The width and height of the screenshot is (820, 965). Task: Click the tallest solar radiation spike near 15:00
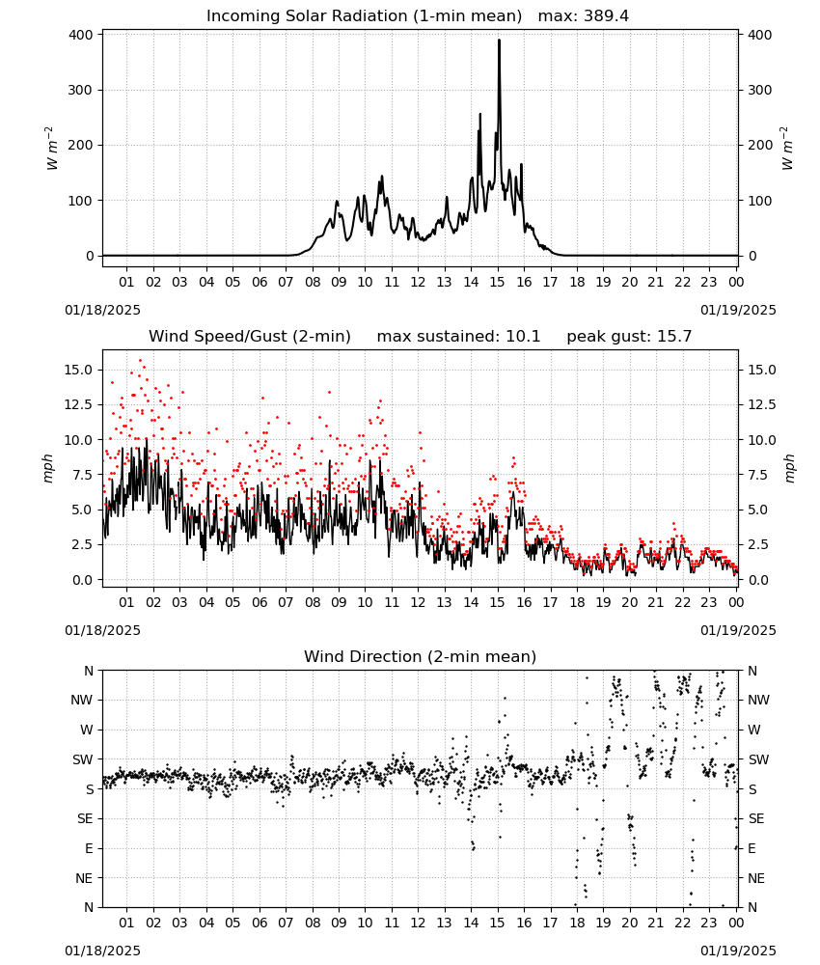(499, 41)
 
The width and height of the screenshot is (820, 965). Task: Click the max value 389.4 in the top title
(606, 16)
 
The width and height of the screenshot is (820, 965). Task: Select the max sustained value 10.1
(523, 337)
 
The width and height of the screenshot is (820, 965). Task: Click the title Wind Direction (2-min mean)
(421, 656)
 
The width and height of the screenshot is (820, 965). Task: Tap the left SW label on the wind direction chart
(83, 759)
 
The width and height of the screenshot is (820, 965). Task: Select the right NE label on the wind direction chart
(756, 878)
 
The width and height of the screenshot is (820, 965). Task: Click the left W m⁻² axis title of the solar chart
(52, 149)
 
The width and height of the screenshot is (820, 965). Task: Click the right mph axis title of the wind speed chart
(789, 468)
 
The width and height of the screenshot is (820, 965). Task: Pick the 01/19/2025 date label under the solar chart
(738, 310)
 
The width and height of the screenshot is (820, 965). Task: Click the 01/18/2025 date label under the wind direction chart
(102, 951)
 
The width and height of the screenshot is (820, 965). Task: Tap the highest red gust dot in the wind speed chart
(140, 361)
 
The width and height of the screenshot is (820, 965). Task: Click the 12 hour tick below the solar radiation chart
(418, 282)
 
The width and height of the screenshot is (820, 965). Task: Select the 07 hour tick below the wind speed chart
(286, 602)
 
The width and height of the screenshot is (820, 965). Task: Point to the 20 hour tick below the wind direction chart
(629, 923)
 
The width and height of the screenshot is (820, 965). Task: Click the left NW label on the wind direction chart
(82, 700)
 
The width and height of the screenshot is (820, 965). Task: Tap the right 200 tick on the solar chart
(760, 146)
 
